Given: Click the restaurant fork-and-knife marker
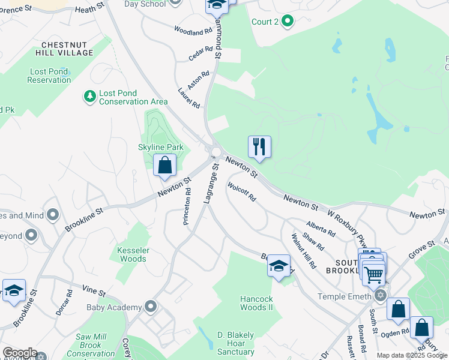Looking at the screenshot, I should (259, 147).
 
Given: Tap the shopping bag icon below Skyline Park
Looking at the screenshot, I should (164, 166).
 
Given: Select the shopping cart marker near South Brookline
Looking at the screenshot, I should (374, 275).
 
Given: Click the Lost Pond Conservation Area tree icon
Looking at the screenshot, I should (90, 96).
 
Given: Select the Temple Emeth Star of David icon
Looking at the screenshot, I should (379, 296).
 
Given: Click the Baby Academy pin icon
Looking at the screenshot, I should (151, 307).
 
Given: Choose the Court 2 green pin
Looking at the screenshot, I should (288, 22).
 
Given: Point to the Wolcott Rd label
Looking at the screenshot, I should (242, 193).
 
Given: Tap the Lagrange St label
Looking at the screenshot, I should (210, 185).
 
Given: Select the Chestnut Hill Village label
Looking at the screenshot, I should (67, 49).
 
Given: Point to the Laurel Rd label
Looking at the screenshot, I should (188, 98).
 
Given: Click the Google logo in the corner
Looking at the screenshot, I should (20, 353).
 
